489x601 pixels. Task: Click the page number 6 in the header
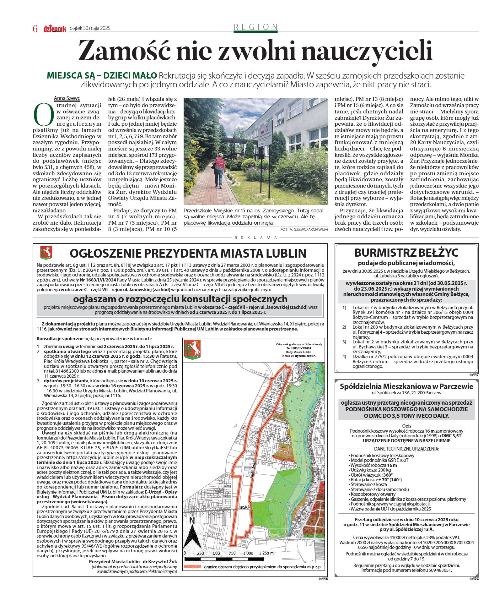[x=35, y=29]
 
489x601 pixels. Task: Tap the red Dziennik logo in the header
[x=55, y=29]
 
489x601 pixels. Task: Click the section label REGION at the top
[x=256, y=27]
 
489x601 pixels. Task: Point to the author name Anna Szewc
[x=67, y=98]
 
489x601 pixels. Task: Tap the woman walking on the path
[x=219, y=168]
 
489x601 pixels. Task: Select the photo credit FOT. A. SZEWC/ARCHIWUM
[x=304, y=229]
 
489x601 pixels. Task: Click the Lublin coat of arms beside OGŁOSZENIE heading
[x=46, y=253]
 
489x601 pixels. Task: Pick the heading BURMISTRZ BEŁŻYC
[x=406, y=253]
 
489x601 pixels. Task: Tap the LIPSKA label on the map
[x=244, y=507]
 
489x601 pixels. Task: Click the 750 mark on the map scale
[x=232, y=553]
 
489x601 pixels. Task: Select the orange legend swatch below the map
[x=192, y=567]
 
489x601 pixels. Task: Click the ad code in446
[x=323, y=579]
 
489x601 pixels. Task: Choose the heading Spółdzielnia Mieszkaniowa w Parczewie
[x=406, y=386]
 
